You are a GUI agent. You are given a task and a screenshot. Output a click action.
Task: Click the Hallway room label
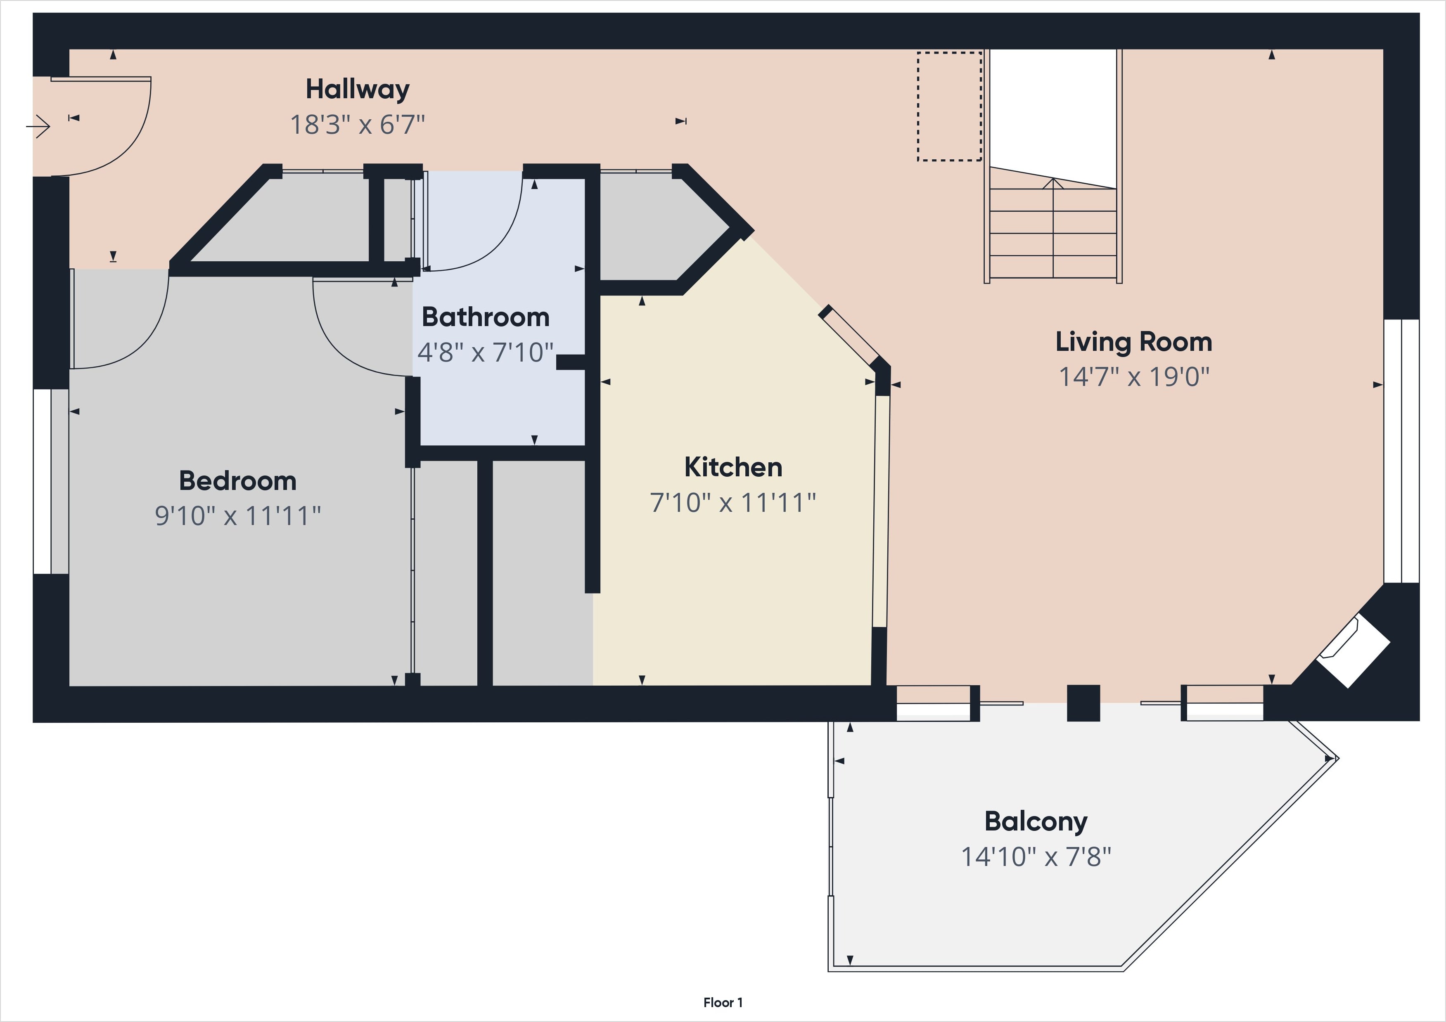click(x=357, y=90)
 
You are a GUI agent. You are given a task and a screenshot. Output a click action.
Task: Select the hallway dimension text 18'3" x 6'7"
click(x=357, y=125)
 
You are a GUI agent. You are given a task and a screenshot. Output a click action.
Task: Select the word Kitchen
click(x=733, y=467)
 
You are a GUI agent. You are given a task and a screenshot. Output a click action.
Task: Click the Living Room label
click(x=1133, y=342)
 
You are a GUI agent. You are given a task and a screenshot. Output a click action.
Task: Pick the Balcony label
click(x=1036, y=822)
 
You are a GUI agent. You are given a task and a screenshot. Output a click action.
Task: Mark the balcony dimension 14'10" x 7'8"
click(x=1036, y=857)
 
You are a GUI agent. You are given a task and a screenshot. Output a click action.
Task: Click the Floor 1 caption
click(x=723, y=1003)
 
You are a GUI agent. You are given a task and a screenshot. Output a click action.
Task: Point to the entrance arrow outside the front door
click(x=38, y=127)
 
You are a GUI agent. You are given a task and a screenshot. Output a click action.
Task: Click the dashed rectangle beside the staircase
click(x=949, y=106)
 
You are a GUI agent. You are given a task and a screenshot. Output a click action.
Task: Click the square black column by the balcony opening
click(x=1083, y=703)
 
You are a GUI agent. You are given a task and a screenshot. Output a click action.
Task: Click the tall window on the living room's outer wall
click(x=1401, y=451)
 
